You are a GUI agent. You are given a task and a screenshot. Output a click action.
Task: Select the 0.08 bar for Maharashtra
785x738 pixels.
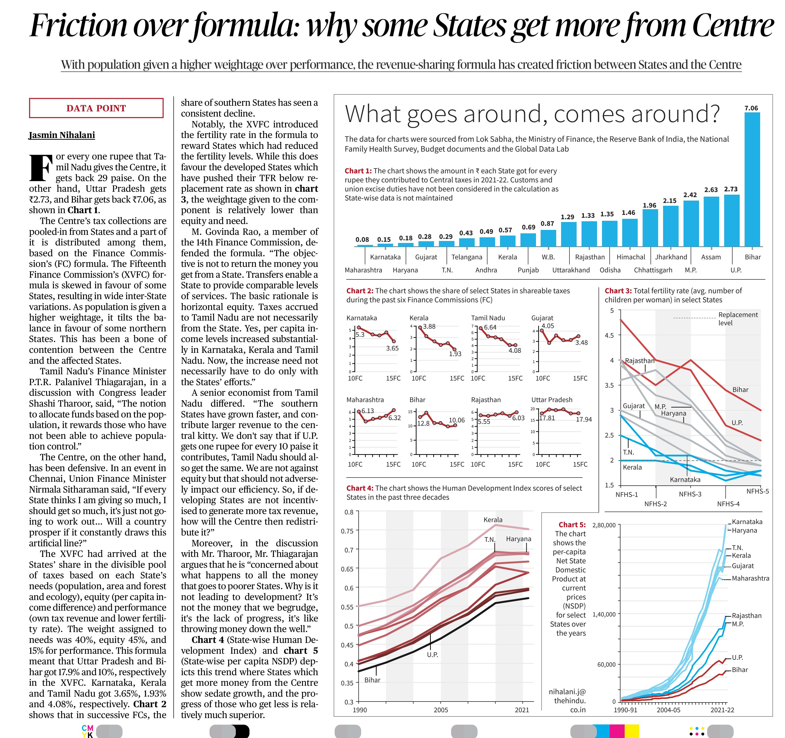[365, 245]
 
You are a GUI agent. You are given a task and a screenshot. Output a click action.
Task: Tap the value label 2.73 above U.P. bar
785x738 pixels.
[731, 189]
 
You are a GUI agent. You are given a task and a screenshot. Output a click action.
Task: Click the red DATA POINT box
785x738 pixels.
[96, 108]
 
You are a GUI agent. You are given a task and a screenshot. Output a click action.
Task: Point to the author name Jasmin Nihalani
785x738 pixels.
[62, 135]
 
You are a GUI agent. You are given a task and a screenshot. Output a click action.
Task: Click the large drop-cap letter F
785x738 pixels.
[40, 167]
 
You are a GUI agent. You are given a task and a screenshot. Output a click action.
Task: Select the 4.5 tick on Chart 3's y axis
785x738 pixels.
[609, 335]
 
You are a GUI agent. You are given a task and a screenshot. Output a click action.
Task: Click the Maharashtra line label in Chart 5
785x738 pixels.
[750, 578]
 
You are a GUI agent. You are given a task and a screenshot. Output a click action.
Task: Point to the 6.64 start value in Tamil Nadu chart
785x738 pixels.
[490, 327]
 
